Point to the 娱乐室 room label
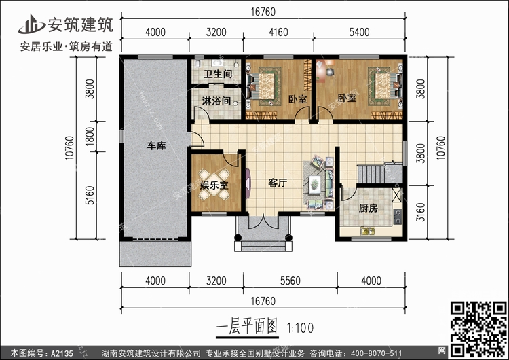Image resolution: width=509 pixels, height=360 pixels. (214, 184)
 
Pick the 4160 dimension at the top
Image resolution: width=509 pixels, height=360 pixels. (285, 32)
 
